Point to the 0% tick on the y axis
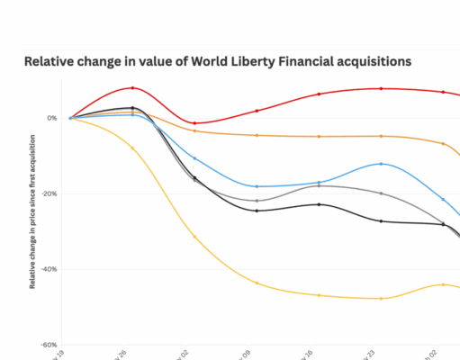[x=52, y=118]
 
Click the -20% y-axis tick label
[x=49, y=193]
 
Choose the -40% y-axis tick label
[x=49, y=269]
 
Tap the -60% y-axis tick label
[x=49, y=345]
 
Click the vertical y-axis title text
[x=32, y=211]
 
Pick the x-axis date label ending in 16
[x=315, y=352]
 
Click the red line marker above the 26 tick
[x=132, y=88]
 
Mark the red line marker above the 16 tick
[x=319, y=94]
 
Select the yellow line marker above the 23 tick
[x=381, y=298]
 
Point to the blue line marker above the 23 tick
[x=381, y=164]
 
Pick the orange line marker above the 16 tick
[x=319, y=136]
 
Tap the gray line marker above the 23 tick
[x=381, y=193]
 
